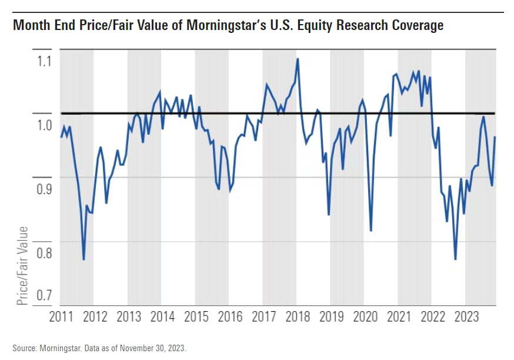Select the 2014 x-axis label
point(162,317)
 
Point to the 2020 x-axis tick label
point(365,317)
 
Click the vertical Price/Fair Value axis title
point(22,265)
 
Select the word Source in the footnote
point(24,348)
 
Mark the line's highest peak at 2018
point(298,59)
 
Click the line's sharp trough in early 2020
point(371,230)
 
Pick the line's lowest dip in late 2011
point(84,259)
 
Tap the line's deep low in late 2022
point(455,259)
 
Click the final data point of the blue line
point(495,137)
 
